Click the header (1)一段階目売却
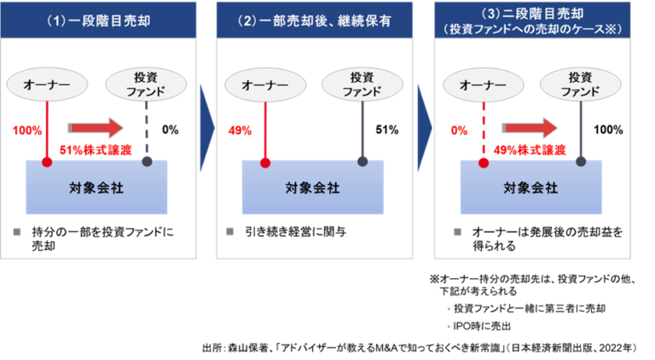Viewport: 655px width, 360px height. coord(98,18)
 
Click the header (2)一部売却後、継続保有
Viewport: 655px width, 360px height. coord(314,18)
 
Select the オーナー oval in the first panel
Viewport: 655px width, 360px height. coord(48,84)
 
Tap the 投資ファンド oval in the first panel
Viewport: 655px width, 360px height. coord(145,84)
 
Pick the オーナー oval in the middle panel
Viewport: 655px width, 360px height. coord(265,84)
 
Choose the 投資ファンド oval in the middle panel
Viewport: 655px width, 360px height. coord(362,84)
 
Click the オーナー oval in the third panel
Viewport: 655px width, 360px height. coord(483,84)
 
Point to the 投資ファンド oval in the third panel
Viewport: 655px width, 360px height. coord(580,84)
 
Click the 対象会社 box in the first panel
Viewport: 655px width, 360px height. coord(96,187)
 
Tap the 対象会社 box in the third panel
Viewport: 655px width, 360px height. coord(530,187)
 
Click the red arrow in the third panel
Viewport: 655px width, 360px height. coord(530,128)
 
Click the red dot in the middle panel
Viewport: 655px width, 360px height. coord(264,161)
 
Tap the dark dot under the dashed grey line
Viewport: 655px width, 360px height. coord(147,160)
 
